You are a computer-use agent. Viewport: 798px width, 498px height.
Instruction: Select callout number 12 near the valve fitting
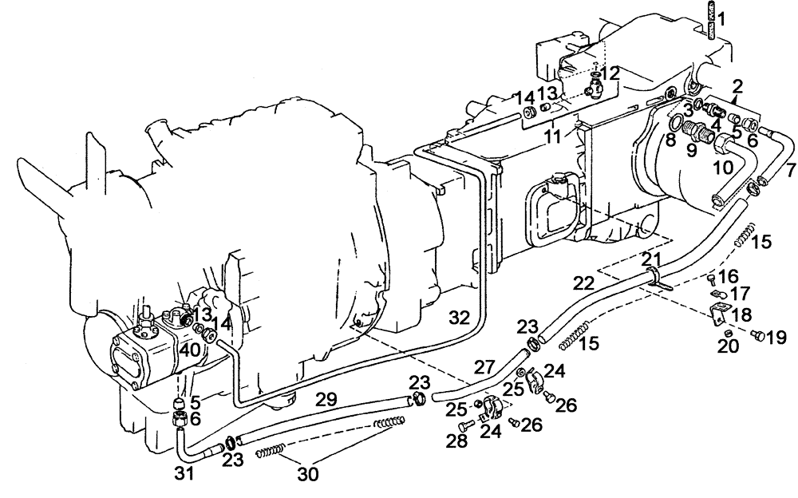click(x=610, y=73)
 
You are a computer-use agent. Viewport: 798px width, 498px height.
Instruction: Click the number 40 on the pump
click(x=189, y=350)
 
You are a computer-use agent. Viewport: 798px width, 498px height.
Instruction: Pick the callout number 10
click(x=723, y=167)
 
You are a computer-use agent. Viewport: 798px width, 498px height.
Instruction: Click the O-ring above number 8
click(x=675, y=122)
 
